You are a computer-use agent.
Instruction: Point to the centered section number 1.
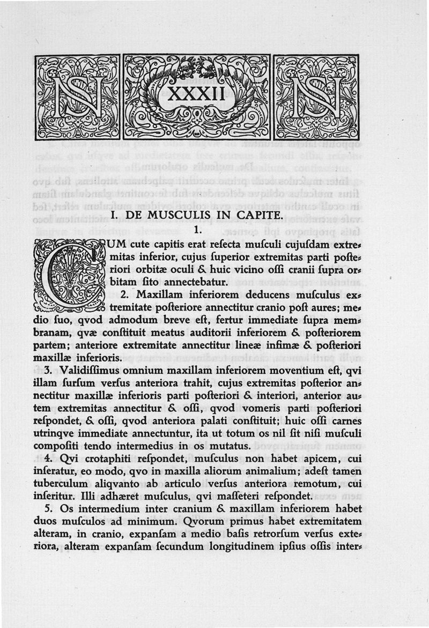197,231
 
